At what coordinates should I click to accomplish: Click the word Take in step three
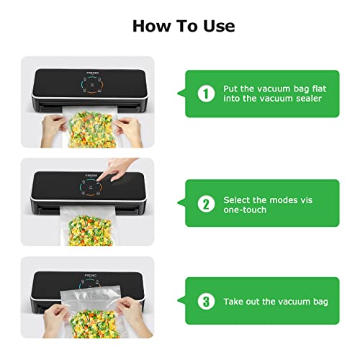click(x=236, y=302)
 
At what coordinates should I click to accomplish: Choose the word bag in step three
click(x=318, y=302)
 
